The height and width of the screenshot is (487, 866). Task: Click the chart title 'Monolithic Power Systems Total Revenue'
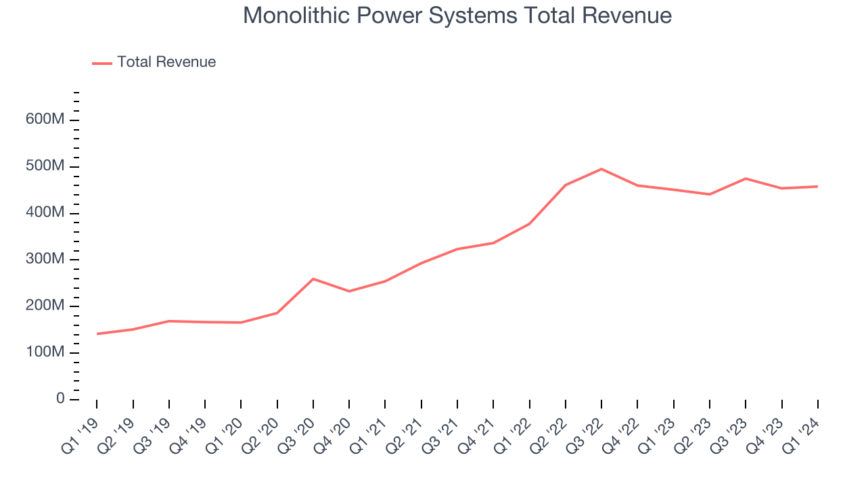point(457,16)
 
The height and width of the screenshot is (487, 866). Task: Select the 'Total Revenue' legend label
point(166,62)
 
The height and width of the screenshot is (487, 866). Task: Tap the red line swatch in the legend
point(102,63)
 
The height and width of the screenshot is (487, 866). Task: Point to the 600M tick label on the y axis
point(45,120)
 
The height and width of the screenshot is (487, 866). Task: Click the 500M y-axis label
point(45,166)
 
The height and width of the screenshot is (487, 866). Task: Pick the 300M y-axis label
point(45,260)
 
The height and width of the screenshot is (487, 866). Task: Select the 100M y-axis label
point(45,352)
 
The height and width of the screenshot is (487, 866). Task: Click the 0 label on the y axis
point(60,399)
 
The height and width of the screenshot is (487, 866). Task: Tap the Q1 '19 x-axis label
point(81,433)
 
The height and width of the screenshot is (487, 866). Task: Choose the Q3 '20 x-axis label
point(297,433)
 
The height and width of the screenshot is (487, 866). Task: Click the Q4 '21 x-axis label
point(478,433)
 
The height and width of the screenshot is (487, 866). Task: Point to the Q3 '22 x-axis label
point(586,433)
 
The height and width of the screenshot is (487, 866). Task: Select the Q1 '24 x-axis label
point(802,433)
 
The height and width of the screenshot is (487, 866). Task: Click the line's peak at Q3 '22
point(601,169)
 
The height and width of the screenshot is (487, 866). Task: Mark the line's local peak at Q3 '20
point(313,279)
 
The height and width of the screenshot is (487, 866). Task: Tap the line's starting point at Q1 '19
point(97,333)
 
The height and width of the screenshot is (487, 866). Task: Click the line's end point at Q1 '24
point(818,186)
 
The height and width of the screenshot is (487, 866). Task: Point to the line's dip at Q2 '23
point(710,194)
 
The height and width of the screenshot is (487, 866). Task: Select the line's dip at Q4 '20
point(349,291)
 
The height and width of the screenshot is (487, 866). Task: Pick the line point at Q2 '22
point(566,185)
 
